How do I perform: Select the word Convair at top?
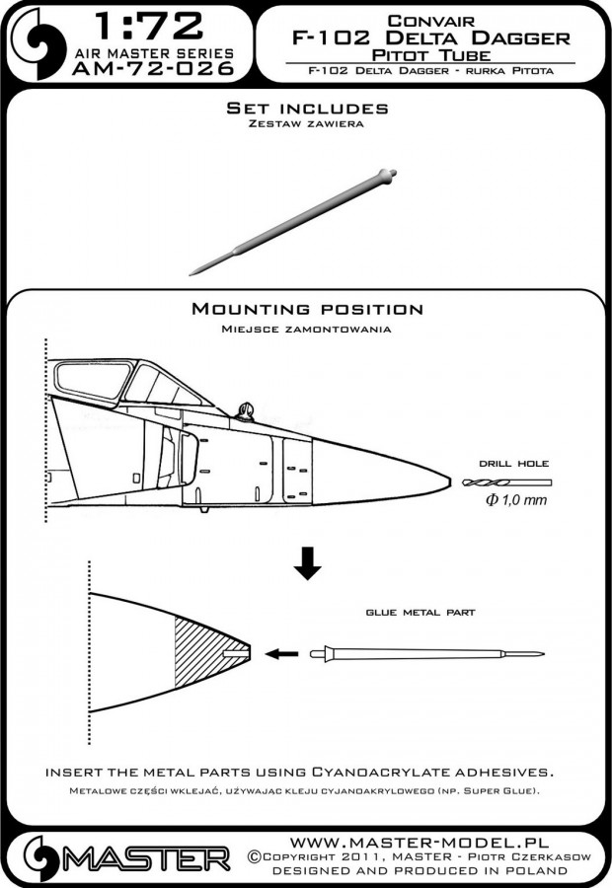click(424, 18)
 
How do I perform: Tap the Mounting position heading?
click(306, 309)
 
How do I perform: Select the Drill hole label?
click(509, 463)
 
